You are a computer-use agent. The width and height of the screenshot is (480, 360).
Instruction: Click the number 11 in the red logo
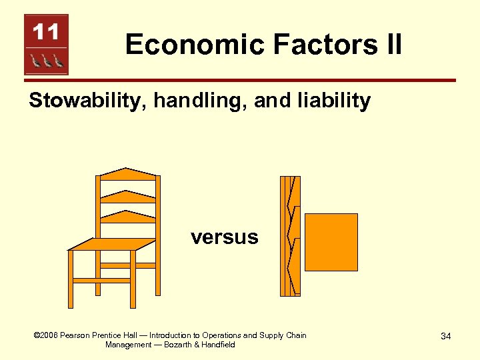[x=46, y=31]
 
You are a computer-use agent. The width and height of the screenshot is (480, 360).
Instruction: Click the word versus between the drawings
[x=224, y=237]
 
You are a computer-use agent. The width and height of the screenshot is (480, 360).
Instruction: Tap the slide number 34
[x=445, y=336]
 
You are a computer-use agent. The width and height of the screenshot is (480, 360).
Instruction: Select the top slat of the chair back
[x=127, y=175]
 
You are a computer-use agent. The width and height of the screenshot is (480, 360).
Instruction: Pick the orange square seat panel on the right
[x=331, y=241]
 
